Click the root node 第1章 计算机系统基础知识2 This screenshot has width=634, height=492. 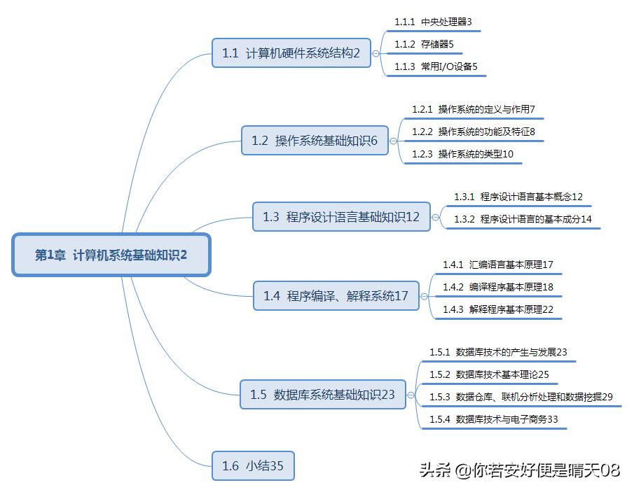pyautogui.click(x=111, y=255)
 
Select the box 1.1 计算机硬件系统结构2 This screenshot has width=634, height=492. pyautogui.click(x=291, y=52)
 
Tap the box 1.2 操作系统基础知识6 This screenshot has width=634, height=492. pyautogui.click(x=315, y=141)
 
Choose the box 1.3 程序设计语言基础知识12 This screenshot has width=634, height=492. pyautogui.click(x=341, y=217)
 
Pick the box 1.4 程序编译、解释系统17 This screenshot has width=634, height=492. pyautogui.click(x=336, y=296)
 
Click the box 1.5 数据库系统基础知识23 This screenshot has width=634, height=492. pyautogui.click(x=322, y=395)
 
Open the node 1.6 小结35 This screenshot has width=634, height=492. pyautogui.click(x=253, y=465)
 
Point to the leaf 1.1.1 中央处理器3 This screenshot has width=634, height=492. pyautogui.click(x=433, y=22)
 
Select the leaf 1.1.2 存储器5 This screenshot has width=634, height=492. pyautogui.click(x=424, y=44)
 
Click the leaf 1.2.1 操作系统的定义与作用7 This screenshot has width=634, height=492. pyautogui.click(x=473, y=109)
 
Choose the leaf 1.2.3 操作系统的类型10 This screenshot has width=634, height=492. pyautogui.click(x=462, y=154)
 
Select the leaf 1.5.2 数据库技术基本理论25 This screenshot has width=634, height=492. pyautogui.click(x=489, y=374)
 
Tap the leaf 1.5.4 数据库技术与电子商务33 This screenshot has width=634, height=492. pyautogui.click(x=493, y=419)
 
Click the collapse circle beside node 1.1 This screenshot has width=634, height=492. pyautogui.click(x=376, y=52)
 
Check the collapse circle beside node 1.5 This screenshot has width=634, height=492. pyautogui.click(x=411, y=395)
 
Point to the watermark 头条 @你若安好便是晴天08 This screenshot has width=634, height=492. pyautogui.click(x=520, y=470)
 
